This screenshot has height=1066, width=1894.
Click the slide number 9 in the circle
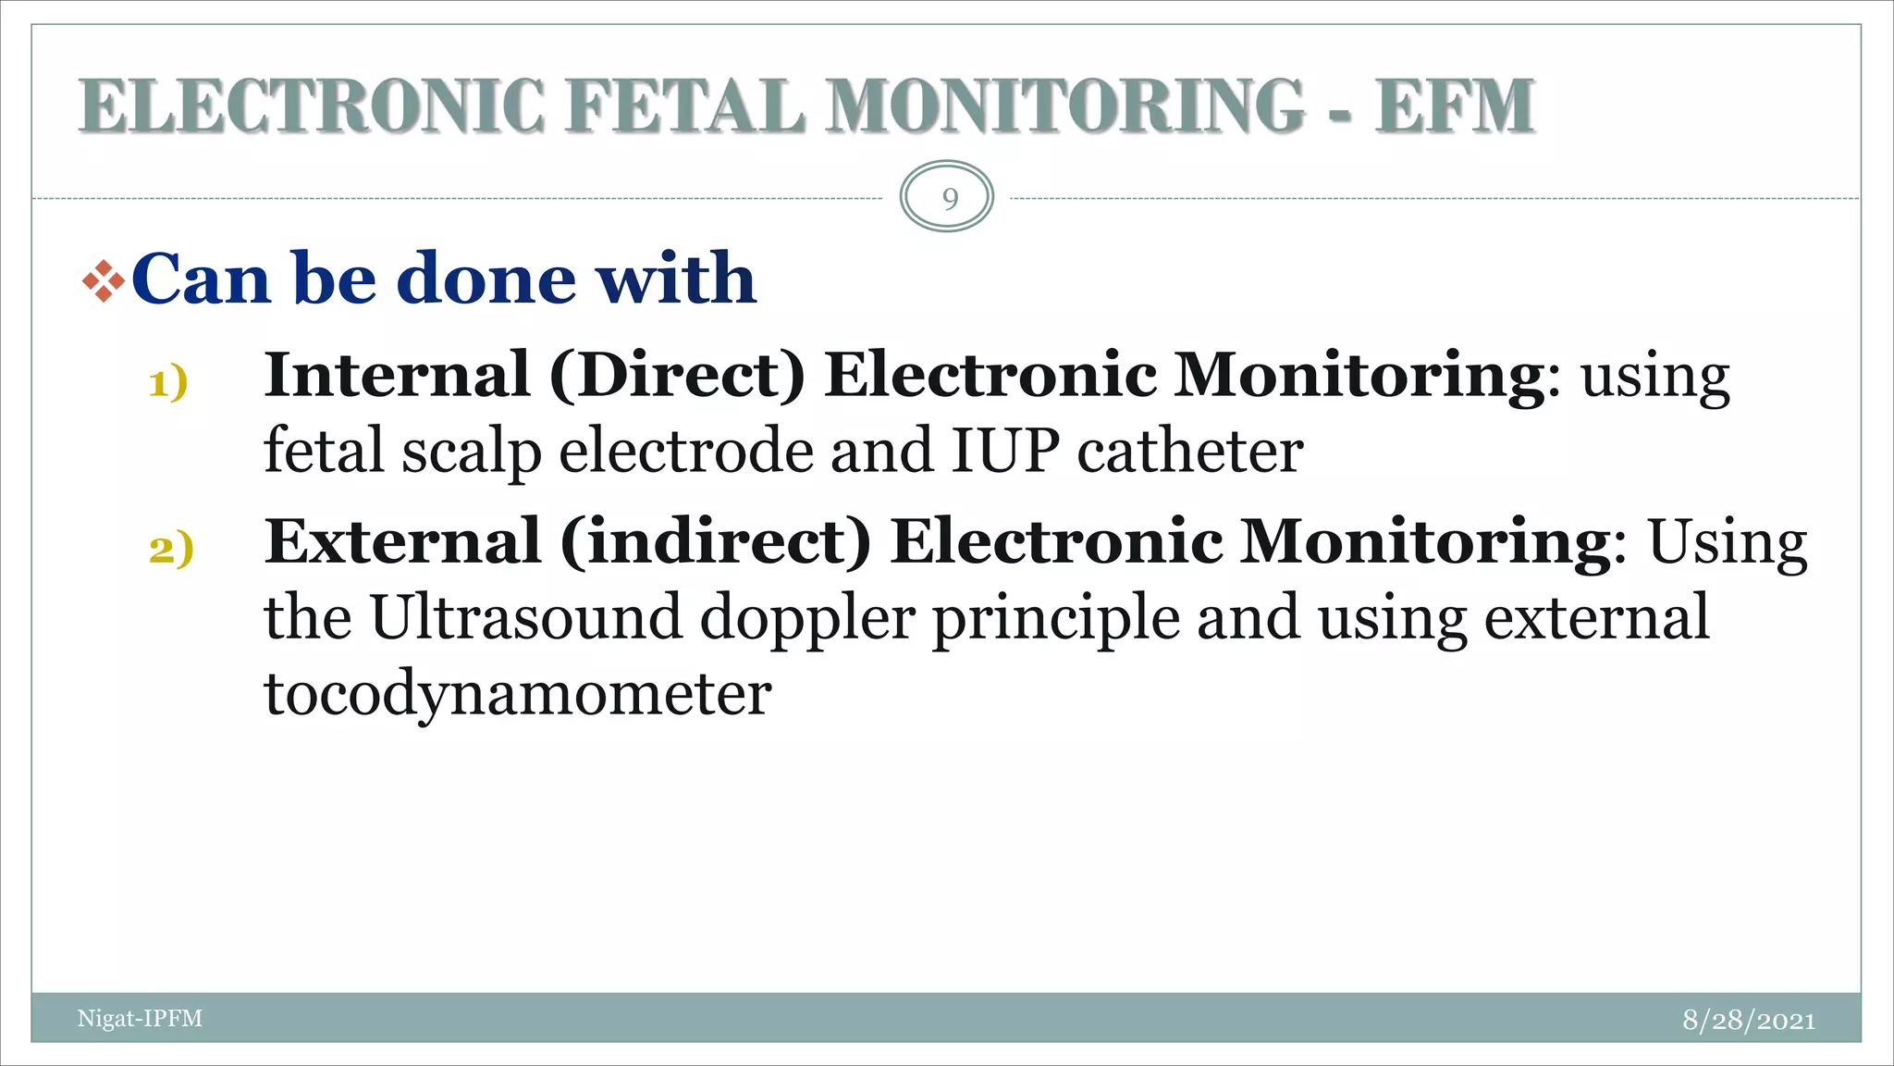click(x=949, y=198)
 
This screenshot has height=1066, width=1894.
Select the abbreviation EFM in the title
click(x=1454, y=106)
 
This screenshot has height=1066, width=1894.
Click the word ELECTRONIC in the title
click(x=313, y=106)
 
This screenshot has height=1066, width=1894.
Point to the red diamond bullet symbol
click(x=104, y=281)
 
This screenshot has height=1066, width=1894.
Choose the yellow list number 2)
click(x=171, y=549)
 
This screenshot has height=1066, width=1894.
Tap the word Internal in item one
click(x=397, y=375)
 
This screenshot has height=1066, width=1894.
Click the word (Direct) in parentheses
click(x=677, y=377)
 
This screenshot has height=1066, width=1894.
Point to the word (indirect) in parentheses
click(x=716, y=543)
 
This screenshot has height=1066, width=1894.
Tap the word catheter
click(x=1190, y=451)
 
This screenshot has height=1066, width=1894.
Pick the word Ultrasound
click(x=525, y=617)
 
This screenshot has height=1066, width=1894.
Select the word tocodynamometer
click(x=518, y=694)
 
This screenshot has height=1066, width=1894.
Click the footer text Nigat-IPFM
click(x=140, y=1019)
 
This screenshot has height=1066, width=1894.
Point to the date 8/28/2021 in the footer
click(x=1748, y=1020)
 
